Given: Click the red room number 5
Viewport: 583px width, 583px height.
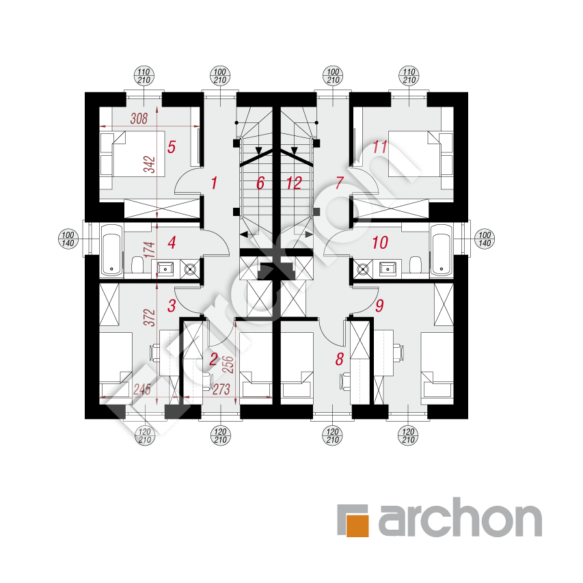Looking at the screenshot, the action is [x=172, y=147].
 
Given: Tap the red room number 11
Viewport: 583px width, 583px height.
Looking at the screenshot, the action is [x=380, y=147].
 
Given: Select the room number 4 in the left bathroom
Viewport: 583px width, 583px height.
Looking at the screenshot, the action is [x=172, y=243].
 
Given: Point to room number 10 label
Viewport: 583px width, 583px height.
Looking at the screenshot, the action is [x=380, y=243].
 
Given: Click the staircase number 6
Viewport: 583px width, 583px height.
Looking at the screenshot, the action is [x=260, y=183].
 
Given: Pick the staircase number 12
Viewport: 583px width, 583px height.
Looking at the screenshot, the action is [x=294, y=183].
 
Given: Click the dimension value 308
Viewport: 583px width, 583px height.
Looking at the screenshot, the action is [x=139, y=119].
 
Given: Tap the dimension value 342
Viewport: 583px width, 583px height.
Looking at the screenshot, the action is [x=150, y=165].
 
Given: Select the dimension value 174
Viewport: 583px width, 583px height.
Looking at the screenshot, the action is [x=150, y=249].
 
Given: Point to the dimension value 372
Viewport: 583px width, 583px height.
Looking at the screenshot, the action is [x=150, y=317].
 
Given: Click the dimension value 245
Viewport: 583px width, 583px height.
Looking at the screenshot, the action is [x=142, y=390].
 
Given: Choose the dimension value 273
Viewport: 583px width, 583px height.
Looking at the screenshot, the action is [x=221, y=390].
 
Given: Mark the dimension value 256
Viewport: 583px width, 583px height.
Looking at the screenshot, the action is [x=228, y=364].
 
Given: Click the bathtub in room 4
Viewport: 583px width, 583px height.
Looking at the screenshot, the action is [x=111, y=250].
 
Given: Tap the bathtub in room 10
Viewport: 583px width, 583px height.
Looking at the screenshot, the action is [x=442, y=250].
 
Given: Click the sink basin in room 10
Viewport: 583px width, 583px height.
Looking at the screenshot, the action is [x=388, y=268].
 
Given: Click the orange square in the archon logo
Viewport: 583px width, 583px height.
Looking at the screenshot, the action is [x=357, y=526].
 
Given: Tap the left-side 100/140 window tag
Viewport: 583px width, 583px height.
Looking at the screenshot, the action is [x=68, y=239].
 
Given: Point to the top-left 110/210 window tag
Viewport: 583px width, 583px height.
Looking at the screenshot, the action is [x=144, y=76].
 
